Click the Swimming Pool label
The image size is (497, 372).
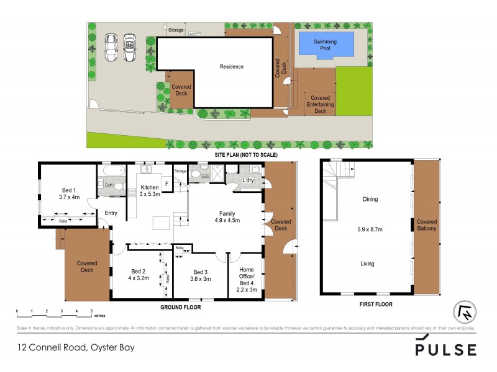pos(326,45)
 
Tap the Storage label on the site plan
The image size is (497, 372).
pos(176,30)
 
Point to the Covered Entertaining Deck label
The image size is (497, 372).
pos(320,104)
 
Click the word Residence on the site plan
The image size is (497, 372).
pos(231,66)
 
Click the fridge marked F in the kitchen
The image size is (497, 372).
pos(166,184)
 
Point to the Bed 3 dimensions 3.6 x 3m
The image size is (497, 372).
pos(200,278)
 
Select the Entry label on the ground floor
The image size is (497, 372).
pos(111,213)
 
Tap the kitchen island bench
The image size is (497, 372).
pos(162,221)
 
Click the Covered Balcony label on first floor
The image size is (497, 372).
pos(426,224)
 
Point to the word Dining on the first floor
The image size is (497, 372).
pos(370,200)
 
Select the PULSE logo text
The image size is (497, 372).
pos(445,349)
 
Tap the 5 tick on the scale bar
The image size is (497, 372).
pos(91,310)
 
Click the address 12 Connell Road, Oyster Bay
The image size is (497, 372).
pos(76,348)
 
